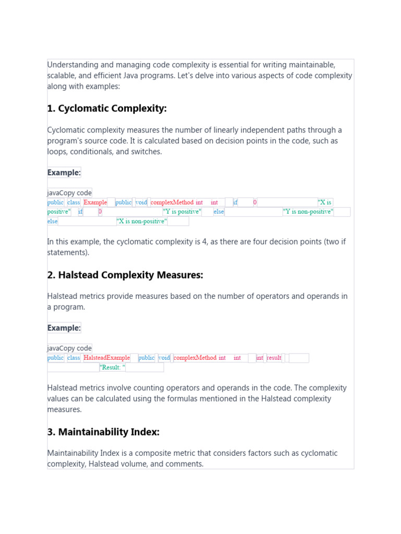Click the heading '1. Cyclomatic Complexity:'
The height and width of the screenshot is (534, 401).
(x=107, y=108)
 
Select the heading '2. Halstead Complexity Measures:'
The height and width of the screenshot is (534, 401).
(x=125, y=275)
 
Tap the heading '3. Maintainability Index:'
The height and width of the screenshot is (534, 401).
(x=103, y=432)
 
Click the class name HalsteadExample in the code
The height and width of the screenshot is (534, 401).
(x=107, y=358)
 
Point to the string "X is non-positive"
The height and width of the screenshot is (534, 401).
(x=142, y=221)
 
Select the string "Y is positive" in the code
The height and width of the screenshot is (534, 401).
(x=182, y=212)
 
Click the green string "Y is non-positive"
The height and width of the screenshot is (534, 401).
(x=308, y=212)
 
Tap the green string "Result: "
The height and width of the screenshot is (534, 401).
(x=112, y=367)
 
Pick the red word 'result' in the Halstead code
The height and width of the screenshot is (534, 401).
(x=274, y=358)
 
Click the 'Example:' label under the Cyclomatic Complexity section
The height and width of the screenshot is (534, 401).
(x=64, y=173)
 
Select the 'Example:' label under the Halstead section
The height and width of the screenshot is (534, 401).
(x=64, y=328)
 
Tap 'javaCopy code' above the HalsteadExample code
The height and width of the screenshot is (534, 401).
(x=69, y=348)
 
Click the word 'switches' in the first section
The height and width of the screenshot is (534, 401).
(x=147, y=152)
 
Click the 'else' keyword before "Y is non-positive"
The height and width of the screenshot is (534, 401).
(x=219, y=212)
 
